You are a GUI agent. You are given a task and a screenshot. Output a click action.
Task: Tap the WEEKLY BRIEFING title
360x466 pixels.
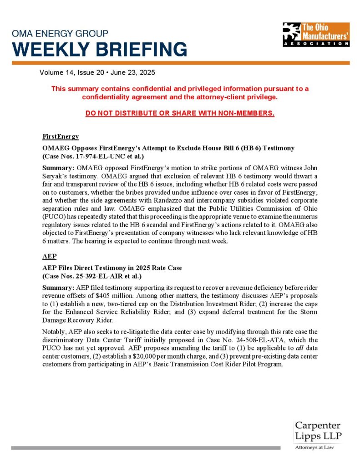tap(100, 49)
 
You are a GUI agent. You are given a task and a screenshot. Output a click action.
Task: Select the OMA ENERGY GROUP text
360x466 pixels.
tap(60, 34)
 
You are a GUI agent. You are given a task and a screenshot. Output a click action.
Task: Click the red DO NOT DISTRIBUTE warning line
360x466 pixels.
tap(180, 113)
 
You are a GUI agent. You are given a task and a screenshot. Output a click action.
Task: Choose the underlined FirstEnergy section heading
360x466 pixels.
tap(61, 137)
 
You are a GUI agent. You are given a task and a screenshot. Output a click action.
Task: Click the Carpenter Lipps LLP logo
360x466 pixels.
tap(318, 430)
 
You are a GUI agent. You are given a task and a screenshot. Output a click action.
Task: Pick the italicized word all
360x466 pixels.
tap(280, 349)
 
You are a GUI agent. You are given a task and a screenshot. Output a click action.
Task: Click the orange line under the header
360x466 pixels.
tap(180, 63)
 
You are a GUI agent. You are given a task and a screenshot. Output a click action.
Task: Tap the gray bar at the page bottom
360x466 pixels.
tap(146, 448)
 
